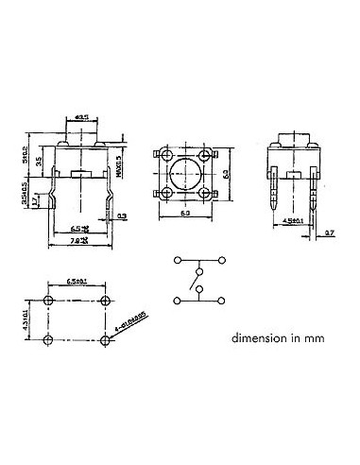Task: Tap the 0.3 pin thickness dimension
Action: point(123,216)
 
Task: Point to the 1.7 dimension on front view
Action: point(35,202)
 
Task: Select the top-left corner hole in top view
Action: point(167,152)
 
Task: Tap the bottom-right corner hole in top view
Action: point(207,193)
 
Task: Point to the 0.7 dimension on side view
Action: point(329,232)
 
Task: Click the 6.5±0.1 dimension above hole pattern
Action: point(77,283)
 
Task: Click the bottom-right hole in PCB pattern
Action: point(104,337)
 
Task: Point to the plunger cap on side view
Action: point(289,138)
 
